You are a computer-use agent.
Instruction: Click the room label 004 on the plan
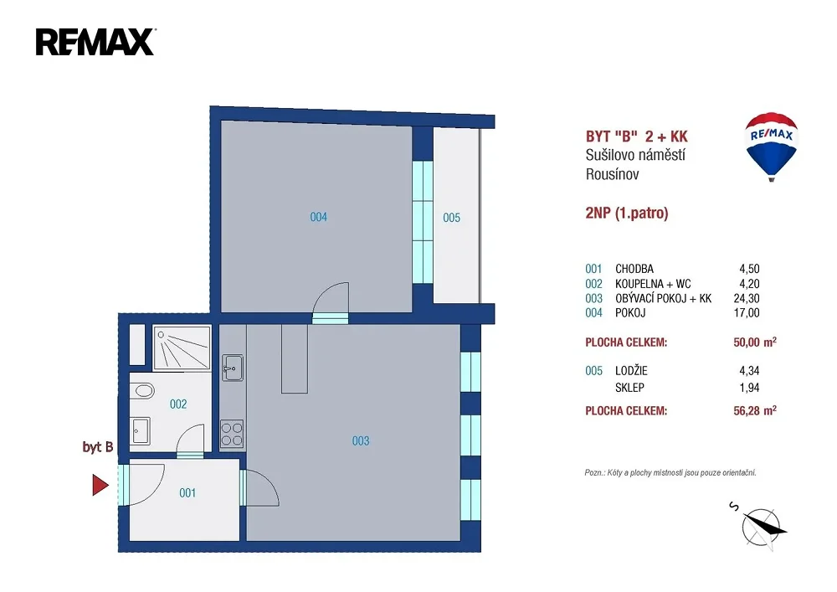pos(318,217)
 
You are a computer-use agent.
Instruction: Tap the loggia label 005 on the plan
pos(451,217)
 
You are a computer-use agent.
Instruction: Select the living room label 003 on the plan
pos(360,441)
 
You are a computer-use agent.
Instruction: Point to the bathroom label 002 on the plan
pos(177,404)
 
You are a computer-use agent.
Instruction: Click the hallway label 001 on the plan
pos(187,492)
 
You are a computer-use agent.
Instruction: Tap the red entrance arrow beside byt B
pos(100,485)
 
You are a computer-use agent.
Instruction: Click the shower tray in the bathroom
pos(182,347)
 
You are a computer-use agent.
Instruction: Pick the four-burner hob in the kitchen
pos(232,434)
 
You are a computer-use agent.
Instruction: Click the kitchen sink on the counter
pos(233,368)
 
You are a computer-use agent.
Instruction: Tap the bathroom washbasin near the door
pos(140,430)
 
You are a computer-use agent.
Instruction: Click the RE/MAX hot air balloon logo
pos(771,147)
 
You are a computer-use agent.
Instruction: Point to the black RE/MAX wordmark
pos(95,42)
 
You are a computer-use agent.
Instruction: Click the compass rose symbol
pos(760,527)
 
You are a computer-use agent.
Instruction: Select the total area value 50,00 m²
pos(755,342)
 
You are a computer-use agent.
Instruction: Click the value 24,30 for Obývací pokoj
pos(747,298)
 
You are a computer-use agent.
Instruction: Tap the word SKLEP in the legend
pos(629,388)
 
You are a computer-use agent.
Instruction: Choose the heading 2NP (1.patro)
pos(627,213)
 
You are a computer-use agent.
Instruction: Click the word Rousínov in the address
pos(613,174)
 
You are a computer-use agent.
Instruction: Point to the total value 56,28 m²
pos(755,410)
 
